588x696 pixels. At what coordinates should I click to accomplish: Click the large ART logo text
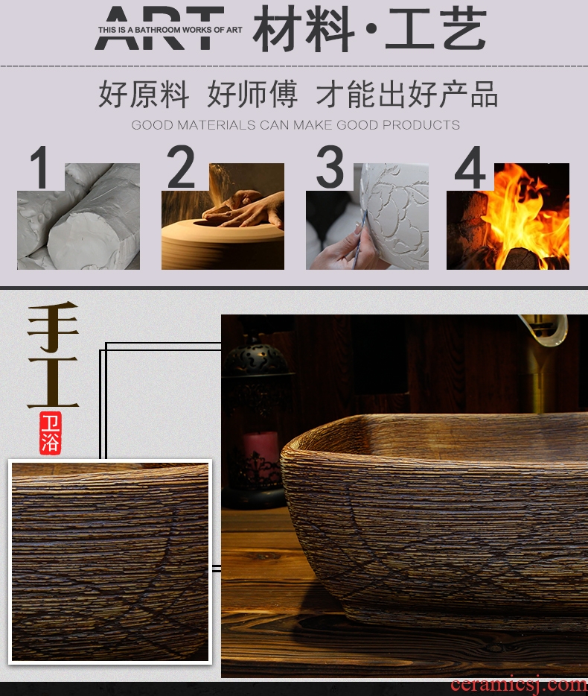coord(160,28)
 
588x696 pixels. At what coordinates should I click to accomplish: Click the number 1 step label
coord(40,168)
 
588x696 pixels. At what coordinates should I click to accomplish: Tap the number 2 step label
coord(181,166)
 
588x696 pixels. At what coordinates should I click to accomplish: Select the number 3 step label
coord(330,166)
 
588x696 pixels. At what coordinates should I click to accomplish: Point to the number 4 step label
coord(470,168)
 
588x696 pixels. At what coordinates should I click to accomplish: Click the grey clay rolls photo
coord(78,216)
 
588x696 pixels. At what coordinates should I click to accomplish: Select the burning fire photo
coord(508,216)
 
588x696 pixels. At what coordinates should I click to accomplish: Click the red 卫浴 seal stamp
coord(51,433)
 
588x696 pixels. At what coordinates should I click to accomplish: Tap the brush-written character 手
coord(53,327)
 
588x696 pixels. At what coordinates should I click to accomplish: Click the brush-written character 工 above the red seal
coord(53,382)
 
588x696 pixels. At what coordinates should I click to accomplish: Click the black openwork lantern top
coord(257,355)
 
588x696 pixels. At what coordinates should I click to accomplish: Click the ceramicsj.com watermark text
coord(519,685)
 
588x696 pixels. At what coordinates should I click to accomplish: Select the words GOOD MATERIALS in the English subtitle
coord(194,124)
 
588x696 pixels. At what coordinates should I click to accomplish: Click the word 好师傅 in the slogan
coord(252,94)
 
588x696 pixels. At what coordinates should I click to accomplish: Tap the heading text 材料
coord(304,28)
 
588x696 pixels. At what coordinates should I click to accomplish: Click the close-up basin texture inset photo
coord(110,562)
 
